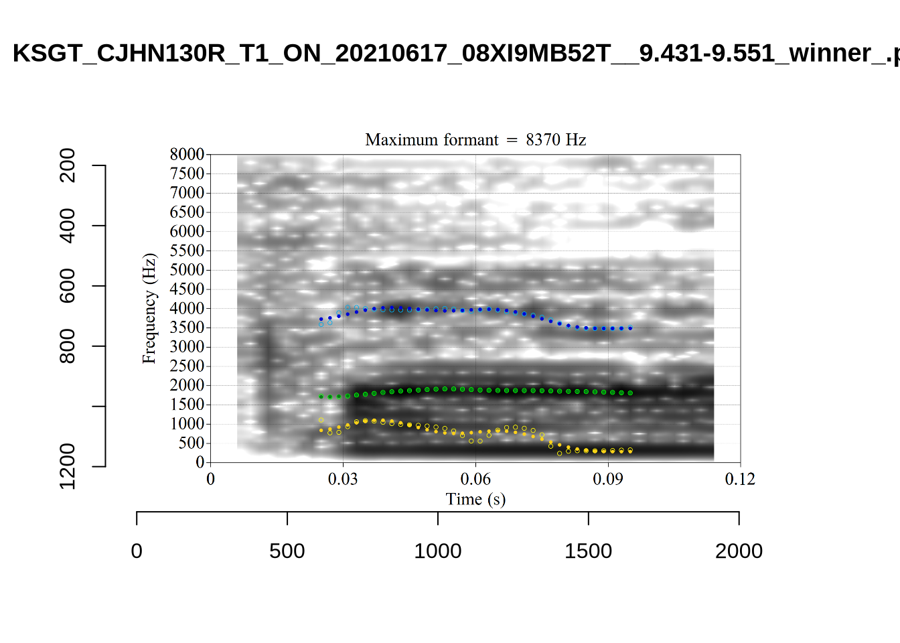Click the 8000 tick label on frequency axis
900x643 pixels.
point(187,155)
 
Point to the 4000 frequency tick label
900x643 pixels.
point(187,309)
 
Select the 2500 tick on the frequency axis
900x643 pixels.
point(187,366)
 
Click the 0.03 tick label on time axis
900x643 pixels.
point(343,480)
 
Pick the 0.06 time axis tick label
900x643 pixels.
point(475,480)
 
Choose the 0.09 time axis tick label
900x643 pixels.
point(608,480)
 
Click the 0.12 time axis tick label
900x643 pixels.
point(740,480)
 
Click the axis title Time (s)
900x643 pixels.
point(475,500)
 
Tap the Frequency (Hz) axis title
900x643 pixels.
point(149,309)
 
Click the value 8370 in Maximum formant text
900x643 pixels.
point(542,140)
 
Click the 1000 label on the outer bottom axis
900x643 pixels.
point(437,551)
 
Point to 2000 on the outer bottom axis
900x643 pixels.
point(739,551)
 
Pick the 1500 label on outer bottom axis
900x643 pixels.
point(588,551)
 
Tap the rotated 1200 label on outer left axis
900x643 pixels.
point(68,466)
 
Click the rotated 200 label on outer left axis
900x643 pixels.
point(68,165)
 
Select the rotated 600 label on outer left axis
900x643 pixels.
point(68,286)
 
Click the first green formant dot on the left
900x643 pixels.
point(321,397)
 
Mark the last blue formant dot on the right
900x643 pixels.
point(630,328)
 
